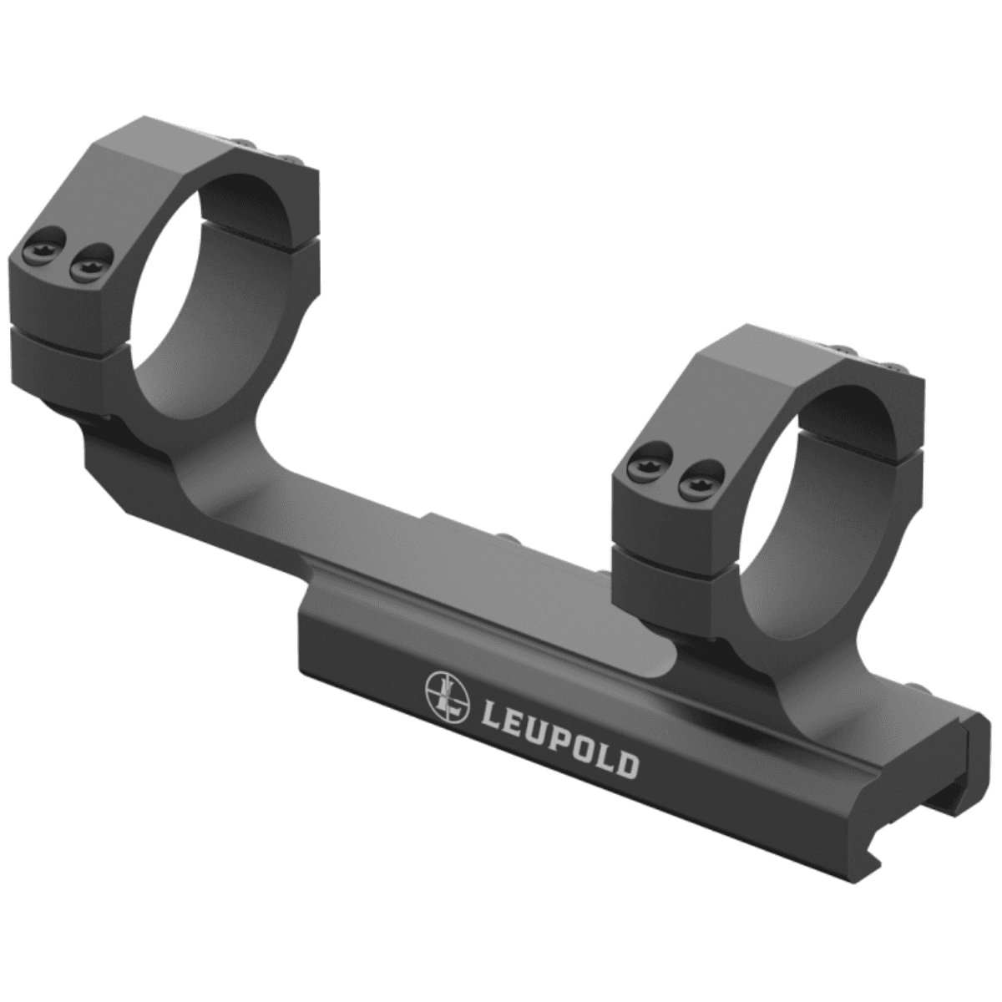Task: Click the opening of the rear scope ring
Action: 213,276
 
